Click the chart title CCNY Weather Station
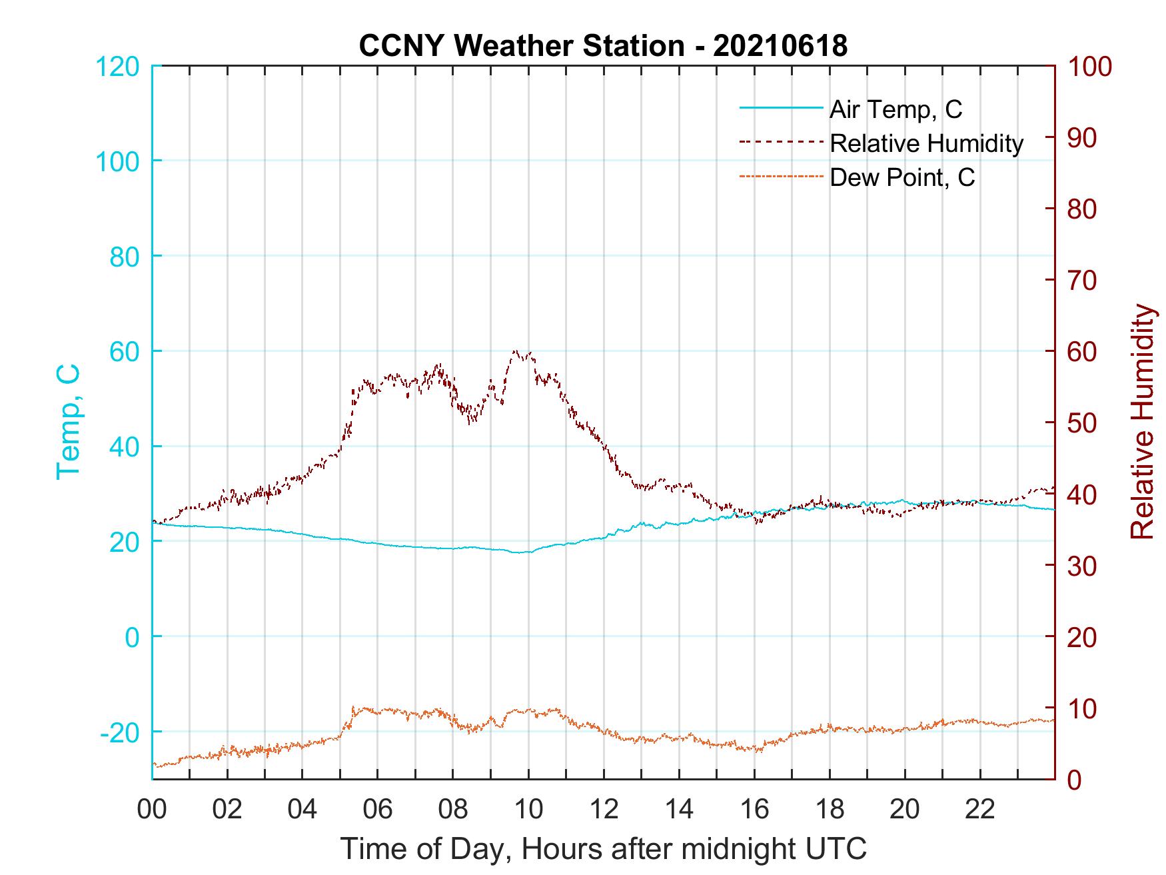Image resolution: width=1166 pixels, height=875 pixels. click(603, 46)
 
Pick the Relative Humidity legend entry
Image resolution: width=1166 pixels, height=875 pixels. click(926, 143)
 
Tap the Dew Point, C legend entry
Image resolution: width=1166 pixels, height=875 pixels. click(902, 178)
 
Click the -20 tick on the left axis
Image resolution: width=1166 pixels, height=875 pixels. click(120, 732)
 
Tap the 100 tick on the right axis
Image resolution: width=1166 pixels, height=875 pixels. click(1089, 67)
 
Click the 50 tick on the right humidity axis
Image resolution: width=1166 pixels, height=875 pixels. click(1083, 423)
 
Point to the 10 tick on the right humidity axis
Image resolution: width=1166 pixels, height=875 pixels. click(1083, 708)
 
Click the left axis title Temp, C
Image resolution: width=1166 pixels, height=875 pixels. click(68, 422)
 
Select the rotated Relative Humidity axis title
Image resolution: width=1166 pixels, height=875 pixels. click(1142, 422)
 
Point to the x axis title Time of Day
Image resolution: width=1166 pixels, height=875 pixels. click(603, 849)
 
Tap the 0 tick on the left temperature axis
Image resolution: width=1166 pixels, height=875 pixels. click(133, 637)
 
